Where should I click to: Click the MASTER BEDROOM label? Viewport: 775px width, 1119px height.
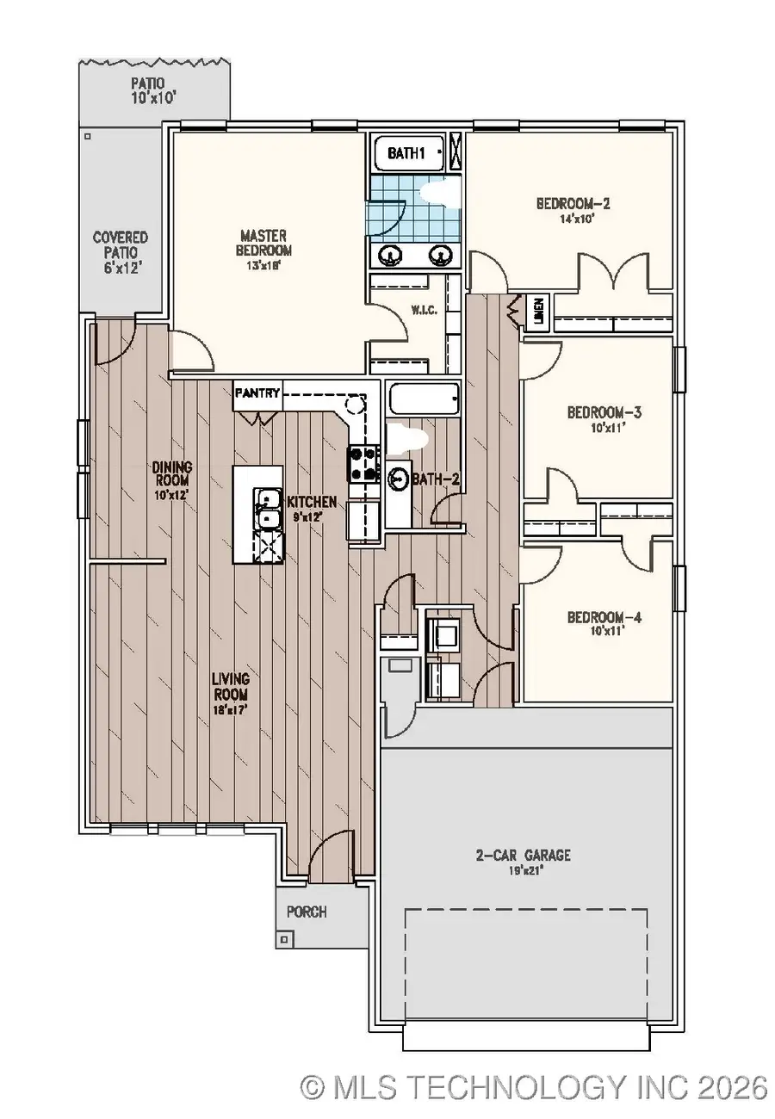(x=265, y=243)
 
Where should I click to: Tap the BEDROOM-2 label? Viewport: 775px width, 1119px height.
(x=573, y=204)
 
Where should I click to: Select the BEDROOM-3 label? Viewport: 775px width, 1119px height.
(x=604, y=412)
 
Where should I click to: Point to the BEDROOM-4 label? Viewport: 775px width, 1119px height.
(x=604, y=617)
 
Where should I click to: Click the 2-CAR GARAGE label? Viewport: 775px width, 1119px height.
(x=524, y=856)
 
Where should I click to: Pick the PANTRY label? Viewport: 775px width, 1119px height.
(x=257, y=393)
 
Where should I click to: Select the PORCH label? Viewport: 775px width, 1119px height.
(x=307, y=912)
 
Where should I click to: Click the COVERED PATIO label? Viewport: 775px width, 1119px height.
(x=121, y=244)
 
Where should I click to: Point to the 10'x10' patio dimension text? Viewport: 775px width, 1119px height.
(x=153, y=99)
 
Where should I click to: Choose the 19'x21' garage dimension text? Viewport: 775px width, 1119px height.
(x=524, y=870)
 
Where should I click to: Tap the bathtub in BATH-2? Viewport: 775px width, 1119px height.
(x=424, y=399)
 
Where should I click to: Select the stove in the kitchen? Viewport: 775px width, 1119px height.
(x=363, y=463)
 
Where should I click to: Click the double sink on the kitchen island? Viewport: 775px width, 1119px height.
(x=268, y=508)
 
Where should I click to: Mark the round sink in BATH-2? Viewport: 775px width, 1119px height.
(x=399, y=478)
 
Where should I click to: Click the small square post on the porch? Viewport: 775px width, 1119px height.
(x=283, y=939)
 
